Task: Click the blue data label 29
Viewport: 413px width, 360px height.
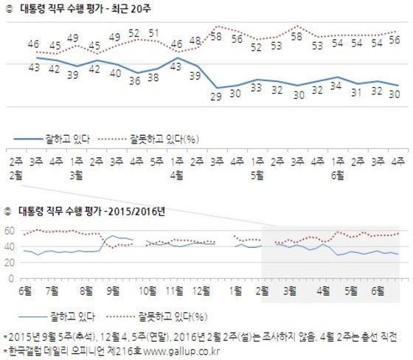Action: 217,95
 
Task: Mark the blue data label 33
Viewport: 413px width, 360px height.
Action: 257,88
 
